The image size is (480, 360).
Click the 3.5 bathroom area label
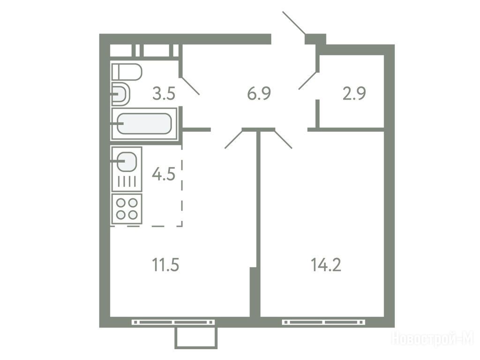point(164,94)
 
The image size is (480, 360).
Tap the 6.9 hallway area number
point(259,93)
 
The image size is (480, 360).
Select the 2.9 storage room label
point(354,94)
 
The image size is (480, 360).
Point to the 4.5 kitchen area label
point(164,174)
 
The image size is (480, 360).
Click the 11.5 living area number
point(165,265)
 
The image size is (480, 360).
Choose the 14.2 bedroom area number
point(326,265)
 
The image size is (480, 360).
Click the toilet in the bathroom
point(127,72)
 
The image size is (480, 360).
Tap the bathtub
point(144,124)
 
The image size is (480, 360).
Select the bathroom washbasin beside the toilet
point(121,94)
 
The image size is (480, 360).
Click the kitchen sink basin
point(127,161)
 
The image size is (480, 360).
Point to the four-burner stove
point(127,209)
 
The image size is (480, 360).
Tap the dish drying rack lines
point(127,181)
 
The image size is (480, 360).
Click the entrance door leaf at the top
point(294,23)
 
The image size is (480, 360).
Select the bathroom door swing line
point(191,86)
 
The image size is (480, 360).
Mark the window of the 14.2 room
point(323,322)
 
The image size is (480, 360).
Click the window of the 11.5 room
point(173,322)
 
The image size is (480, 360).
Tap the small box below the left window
point(196,338)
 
